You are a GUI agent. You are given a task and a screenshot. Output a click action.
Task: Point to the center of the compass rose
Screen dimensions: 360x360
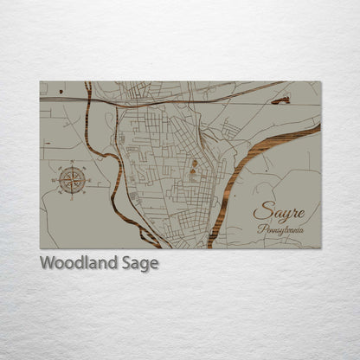(x=72, y=180)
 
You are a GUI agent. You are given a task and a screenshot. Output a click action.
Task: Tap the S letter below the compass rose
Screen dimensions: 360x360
(x=72, y=198)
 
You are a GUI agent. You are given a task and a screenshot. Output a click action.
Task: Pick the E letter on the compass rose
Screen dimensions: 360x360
(x=89, y=180)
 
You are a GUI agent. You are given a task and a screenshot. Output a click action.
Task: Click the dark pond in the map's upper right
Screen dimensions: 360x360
(x=280, y=101)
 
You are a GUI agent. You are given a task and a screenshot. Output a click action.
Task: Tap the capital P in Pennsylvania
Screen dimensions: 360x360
(x=261, y=230)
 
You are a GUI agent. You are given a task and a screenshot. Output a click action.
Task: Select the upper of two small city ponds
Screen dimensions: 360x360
(x=194, y=163)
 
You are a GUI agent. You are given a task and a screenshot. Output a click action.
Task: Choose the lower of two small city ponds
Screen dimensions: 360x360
(x=192, y=173)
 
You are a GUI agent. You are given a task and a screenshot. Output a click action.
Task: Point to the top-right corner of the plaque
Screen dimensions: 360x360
(x=320, y=82)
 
